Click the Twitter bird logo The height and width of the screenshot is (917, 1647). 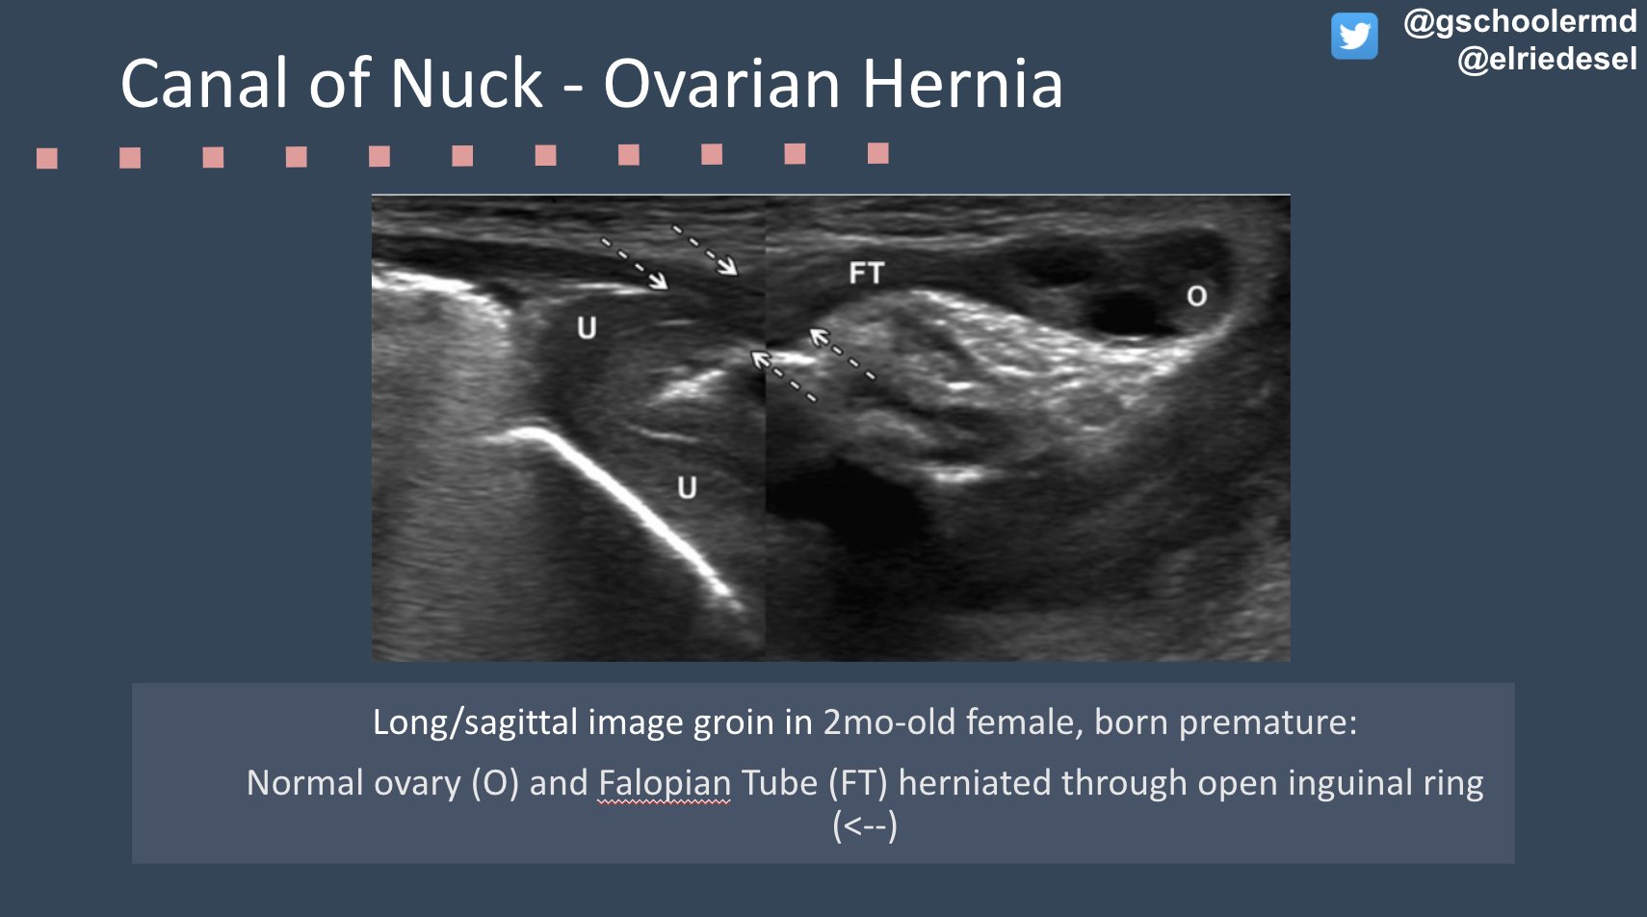click(1354, 37)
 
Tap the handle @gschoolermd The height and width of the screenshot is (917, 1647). click(1520, 21)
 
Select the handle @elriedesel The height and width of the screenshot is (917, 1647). click(1547, 60)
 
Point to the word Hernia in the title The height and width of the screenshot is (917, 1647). click(962, 84)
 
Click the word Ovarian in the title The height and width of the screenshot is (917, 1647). click(722, 84)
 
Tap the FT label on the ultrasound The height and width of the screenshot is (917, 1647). click(866, 274)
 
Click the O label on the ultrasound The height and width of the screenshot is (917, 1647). click(1196, 296)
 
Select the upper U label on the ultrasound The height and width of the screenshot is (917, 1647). click(587, 328)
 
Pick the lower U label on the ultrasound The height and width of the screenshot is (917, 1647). click(687, 487)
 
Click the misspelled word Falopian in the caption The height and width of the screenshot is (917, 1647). click(665, 783)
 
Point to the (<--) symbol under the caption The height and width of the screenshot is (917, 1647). click(864, 826)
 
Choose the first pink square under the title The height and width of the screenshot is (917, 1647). click(47, 158)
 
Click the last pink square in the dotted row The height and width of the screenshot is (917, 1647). click(877, 153)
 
